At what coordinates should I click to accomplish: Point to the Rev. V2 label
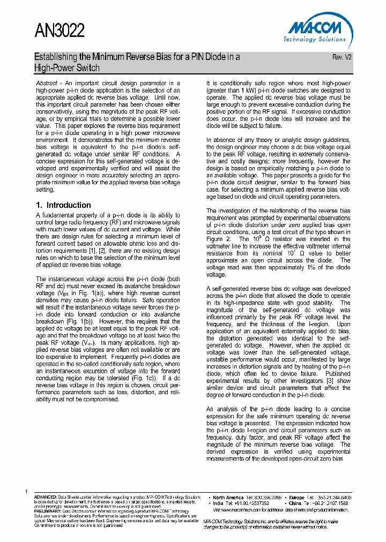[x=342, y=57]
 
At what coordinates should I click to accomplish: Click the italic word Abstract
[x=47, y=84]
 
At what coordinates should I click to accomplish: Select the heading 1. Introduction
[x=63, y=205]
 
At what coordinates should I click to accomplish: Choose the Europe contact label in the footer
[x=298, y=498]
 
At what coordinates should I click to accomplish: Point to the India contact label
[x=218, y=504]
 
